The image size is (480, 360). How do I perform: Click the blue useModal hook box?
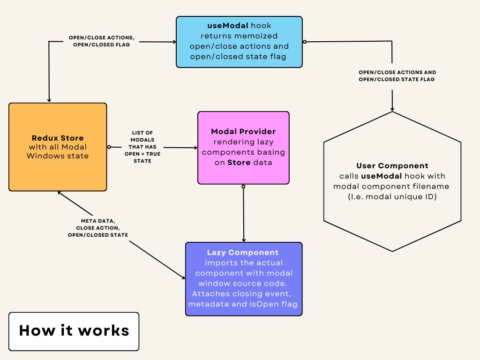pos(239,42)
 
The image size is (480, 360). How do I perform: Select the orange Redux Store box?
pos(58,147)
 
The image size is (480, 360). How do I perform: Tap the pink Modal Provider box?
pos(243,148)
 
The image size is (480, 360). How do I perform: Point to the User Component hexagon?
pos(392,181)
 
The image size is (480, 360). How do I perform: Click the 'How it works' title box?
pos(74,331)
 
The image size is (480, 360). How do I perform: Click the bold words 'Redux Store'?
pos(58,138)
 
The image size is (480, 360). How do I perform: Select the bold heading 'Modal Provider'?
pos(243,131)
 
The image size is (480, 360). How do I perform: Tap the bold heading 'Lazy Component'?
pos(243,253)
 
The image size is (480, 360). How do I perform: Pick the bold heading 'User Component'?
pos(392,166)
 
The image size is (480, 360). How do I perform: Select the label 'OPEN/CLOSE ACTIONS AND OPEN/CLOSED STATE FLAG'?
pos(397,76)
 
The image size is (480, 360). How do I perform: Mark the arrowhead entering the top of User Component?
pos(392,108)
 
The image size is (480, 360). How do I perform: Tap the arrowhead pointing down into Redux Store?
pos(49,100)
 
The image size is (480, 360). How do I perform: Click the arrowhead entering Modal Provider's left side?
pos(195,148)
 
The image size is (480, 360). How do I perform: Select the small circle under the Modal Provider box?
pos(243,187)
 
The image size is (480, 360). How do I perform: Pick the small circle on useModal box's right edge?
pos(305,42)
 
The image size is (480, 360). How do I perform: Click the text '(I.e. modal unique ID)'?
pos(392,196)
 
